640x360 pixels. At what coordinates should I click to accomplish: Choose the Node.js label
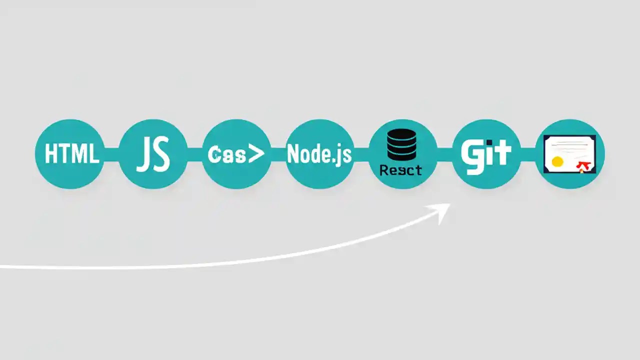pyautogui.click(x=319, y=154)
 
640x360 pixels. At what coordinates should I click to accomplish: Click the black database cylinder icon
pyautogui.click(x=401, y=143)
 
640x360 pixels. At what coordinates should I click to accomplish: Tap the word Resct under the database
pyautogui.click(x=400, y=170)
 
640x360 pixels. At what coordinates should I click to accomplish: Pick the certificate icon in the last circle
pyautogui.click(x=569, y=154)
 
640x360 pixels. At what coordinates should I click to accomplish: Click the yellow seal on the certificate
pyautogui.click(x=557, y=161)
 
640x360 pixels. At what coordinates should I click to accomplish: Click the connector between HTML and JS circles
pyautogui.click(x=111, y=154)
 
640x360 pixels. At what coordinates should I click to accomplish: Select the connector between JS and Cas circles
pyautogui.click(x=195, y=154)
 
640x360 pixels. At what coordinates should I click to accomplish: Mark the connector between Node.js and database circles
pyautogui.click(x=361, y=154)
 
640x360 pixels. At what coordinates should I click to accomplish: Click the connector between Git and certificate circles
pyautogui.click(x=528, y=154)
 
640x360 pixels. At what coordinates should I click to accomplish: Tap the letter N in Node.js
pyautogui.click(x=294, y=154)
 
